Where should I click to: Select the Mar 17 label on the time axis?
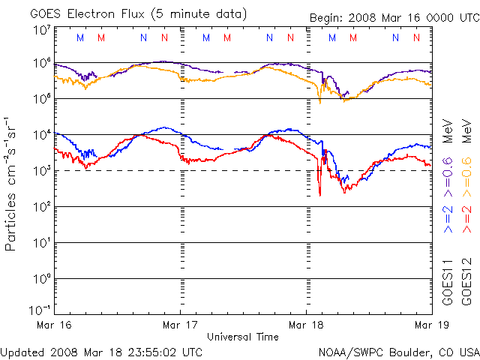[180, 324]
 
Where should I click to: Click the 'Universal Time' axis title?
[243, 337]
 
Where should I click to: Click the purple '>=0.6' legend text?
[447, 172]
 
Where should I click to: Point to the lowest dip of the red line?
[320, 195]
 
